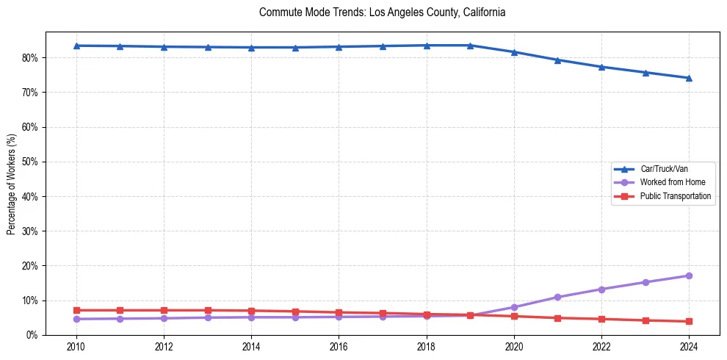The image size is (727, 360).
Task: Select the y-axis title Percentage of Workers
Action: coord(11,183)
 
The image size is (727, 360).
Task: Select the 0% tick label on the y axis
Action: coord(32,335)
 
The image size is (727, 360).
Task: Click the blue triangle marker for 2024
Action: coord(689,78)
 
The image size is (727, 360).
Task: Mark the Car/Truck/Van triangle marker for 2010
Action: coord(76,46)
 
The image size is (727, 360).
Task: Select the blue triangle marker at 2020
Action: coord(514,52)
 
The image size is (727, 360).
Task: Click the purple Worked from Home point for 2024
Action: coord(689,276)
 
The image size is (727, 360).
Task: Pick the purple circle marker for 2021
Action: coord(558,297)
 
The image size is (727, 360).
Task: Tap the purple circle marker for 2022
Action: coord(601,289)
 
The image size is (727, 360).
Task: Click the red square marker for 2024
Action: coord(689,321)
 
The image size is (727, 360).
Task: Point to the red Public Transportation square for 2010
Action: coord(76,310)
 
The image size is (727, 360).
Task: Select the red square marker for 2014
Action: coord(251,311)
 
